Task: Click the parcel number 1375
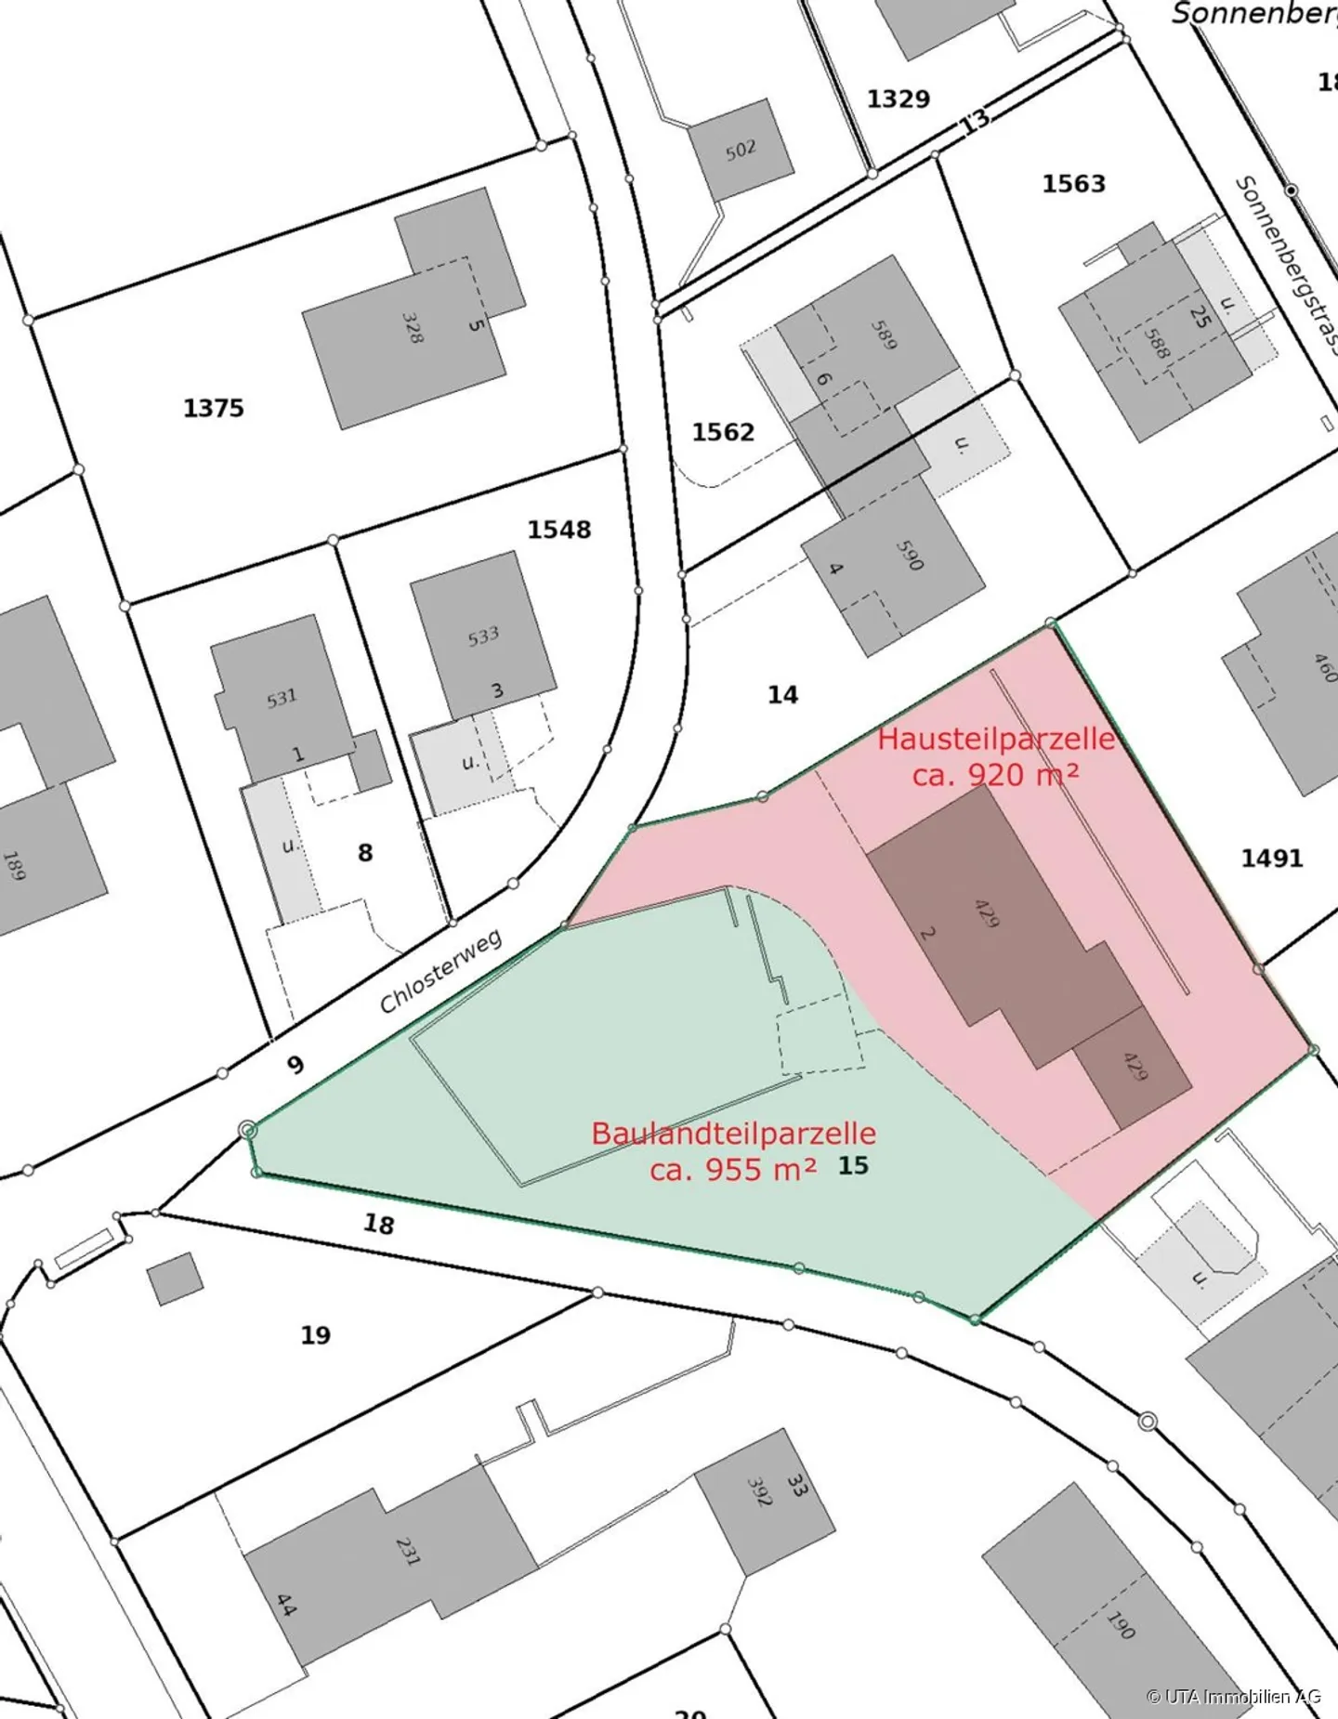coord(214,408)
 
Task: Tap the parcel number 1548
coord(559,530)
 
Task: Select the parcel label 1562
coord(723,432)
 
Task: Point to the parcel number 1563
coord(1073,183)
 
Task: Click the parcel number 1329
coord(898,98)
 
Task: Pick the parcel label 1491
coord(1271,858)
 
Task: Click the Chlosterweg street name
coord(440,970)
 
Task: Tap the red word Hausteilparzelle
coord(996,739)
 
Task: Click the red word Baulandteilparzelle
coord(733,1133)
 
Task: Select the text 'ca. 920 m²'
coord(995,774)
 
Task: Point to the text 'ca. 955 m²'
coord(733,1169)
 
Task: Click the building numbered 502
coord(741,150)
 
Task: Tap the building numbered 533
coord(483,636)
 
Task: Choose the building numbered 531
coord(282,698)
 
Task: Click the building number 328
coord(412,327)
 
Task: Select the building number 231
coord(407,1550)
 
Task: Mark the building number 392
coord(759,1490)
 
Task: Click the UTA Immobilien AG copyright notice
coord(1233,1696)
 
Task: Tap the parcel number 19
coord(316,1335)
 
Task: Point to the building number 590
coord(910,555)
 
